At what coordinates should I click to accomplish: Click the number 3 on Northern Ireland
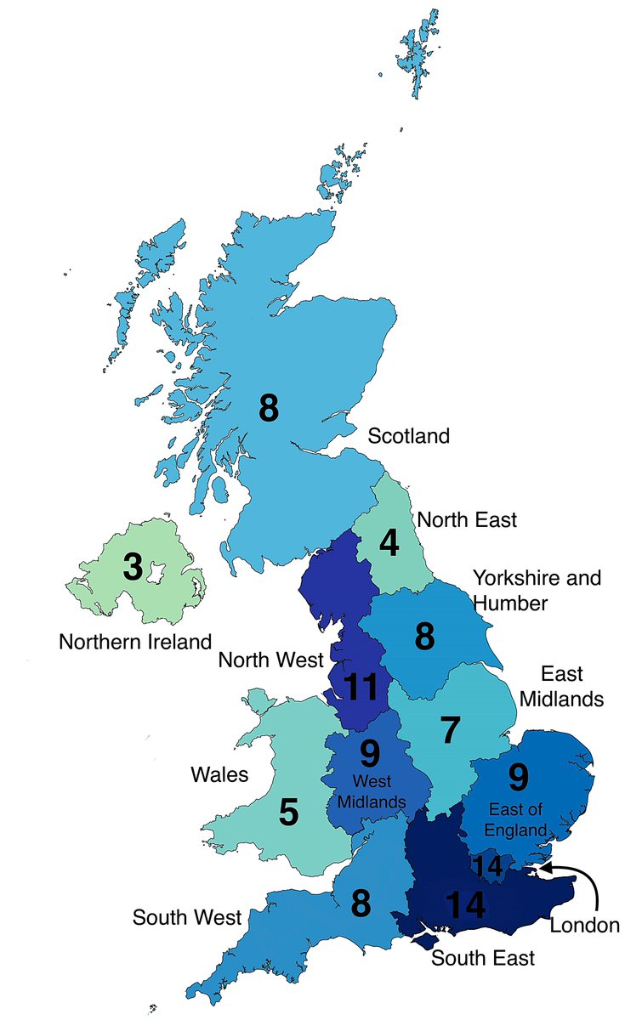[132, 567]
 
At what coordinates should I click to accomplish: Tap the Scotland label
[407, 437]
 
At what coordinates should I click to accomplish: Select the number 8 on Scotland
[269, 409]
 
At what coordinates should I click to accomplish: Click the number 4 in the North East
[389, 543]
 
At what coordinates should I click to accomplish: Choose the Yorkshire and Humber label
[537, 590]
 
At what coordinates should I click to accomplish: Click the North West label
[271, 660]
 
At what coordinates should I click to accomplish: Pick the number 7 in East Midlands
[450, 728]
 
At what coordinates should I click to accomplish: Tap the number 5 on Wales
[289, 813]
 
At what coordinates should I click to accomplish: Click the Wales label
[219, 774]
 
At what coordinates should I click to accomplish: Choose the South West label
[187, 918]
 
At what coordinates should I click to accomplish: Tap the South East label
[483, 959]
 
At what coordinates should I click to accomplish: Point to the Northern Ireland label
[134, 641]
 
